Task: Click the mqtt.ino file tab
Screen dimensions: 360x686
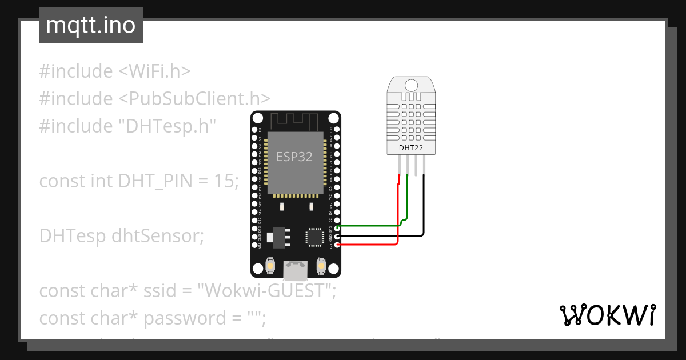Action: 90,25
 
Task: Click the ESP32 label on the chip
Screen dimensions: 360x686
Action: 294,157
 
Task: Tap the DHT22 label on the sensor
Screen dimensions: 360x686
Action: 412,148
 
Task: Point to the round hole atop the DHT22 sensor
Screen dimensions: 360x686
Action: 412,86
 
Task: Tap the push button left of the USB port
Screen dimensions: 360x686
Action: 270,266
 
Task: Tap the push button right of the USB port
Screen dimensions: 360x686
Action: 321,266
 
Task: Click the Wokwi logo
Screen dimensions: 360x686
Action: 607,315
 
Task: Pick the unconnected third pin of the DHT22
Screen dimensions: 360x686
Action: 416,166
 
